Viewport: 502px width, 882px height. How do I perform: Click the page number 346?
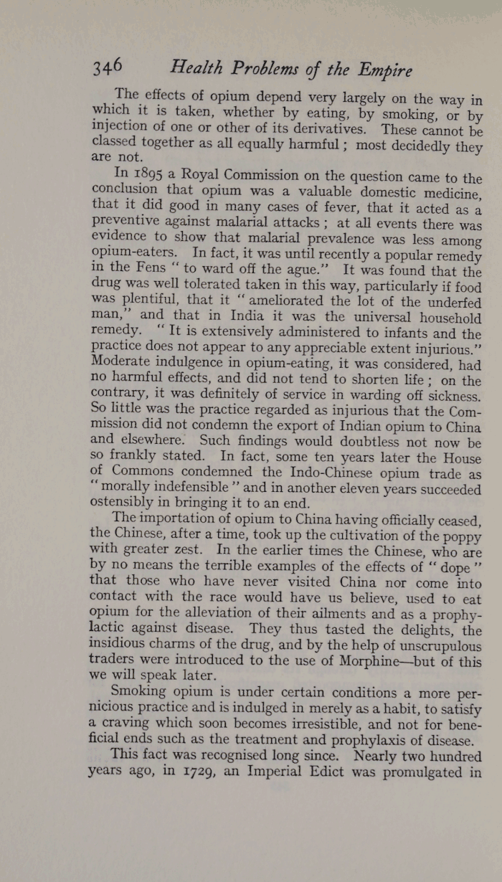[108, 68]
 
